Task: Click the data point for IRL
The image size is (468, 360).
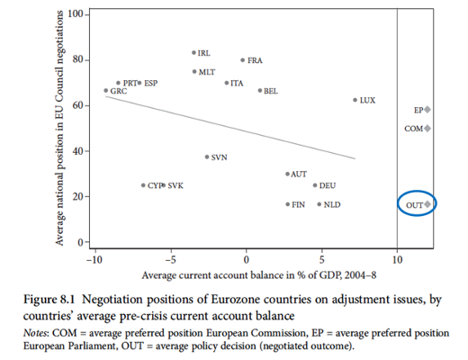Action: click(193, 53)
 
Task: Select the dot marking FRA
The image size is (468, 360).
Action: click(243, 60)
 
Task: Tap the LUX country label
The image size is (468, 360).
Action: click(367, 100)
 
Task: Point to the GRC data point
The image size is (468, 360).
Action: click(105, 90)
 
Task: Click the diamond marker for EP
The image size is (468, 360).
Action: click(427, 110)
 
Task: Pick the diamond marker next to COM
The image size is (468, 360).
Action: click(427, 129)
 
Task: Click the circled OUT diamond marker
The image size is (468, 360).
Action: click(427, 204)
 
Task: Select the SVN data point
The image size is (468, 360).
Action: click(207, 157)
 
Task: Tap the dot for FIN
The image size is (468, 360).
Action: click(288, 204)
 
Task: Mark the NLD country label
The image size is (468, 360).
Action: click(332, 204)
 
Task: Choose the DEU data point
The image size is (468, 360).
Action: click(315, 185)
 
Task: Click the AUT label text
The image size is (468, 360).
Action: click(299, 175)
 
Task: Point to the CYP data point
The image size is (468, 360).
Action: click(143, 185)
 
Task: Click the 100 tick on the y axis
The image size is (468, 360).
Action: click(76, 14)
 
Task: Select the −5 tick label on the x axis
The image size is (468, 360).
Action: click(170, 259)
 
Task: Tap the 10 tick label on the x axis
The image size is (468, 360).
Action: click(397, 259)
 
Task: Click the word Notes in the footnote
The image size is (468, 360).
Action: click(35, 333)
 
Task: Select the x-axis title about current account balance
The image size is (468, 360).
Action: click(259, 275)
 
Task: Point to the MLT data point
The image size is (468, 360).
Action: click(194, 72)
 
